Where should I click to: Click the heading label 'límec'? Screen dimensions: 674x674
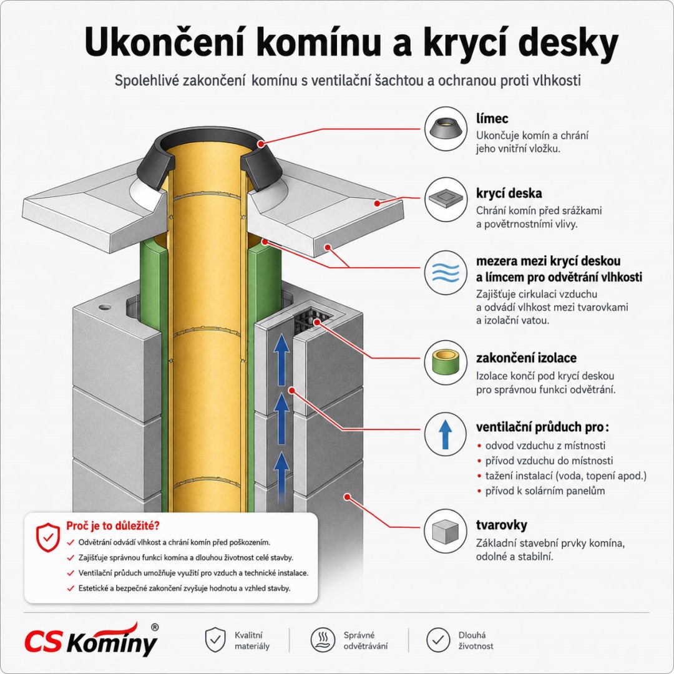click(492, 118)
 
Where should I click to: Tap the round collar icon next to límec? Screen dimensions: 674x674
click(446, 129)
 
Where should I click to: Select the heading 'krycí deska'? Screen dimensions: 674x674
click(509, 193)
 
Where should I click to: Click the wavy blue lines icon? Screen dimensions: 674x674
click(446, 272)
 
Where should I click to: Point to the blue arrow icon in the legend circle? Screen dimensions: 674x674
click(446, 434)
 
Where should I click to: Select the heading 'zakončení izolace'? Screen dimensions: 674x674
click(526, 358)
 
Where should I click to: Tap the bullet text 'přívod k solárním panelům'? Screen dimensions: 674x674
click(545, 491)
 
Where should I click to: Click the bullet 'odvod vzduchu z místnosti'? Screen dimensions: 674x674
click(545, 446)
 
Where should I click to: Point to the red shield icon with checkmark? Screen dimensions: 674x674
click(47, 537)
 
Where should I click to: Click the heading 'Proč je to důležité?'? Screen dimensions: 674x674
click(112, 525)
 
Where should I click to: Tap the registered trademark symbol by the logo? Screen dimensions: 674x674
click(155, 627)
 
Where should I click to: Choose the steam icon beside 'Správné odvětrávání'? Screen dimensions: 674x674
click(323, 640)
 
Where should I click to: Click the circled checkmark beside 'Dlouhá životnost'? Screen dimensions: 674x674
click(438, 640)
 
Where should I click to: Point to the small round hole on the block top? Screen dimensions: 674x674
click(104, 307)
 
